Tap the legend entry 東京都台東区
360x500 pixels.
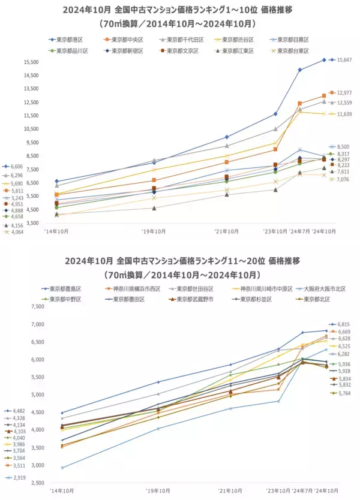(x=293, y=51)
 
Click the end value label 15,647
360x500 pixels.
(x=344, y=60)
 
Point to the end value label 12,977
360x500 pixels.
(x=344, y=93)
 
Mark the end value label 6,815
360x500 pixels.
(x=343, y=324)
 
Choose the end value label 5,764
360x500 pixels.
(x=343, y=393)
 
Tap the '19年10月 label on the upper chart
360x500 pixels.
(x=154, y=230)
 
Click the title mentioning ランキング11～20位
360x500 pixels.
(x=180, y=261)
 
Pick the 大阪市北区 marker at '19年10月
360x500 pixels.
(x=158, y=429)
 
